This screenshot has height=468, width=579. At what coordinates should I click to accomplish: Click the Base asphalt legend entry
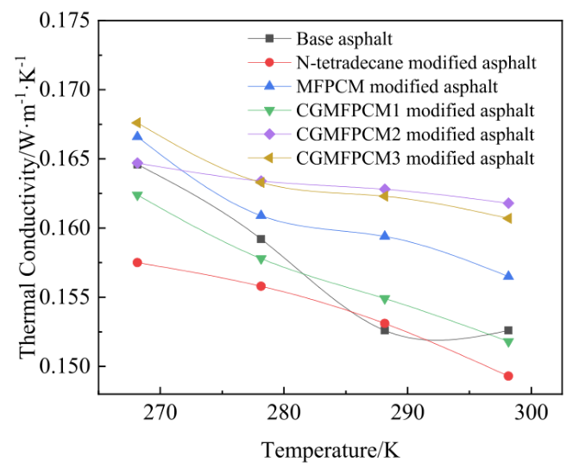tap(333, 39)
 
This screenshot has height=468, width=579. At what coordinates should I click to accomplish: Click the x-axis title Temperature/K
tap(330, 449)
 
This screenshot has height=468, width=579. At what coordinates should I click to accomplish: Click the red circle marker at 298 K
tap(508, 376)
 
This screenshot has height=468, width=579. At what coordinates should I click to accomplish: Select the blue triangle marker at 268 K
tap(137, 136)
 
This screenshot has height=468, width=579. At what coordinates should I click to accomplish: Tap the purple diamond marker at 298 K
tap(508, 203)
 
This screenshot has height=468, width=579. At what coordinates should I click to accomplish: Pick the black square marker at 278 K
tap(261, 239)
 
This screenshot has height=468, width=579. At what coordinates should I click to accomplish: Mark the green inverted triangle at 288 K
tap(384, 299)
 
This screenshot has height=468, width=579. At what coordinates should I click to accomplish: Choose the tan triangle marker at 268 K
tap(137, 123)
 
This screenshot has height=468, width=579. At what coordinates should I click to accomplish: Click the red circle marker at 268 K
tap(137, 262)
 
